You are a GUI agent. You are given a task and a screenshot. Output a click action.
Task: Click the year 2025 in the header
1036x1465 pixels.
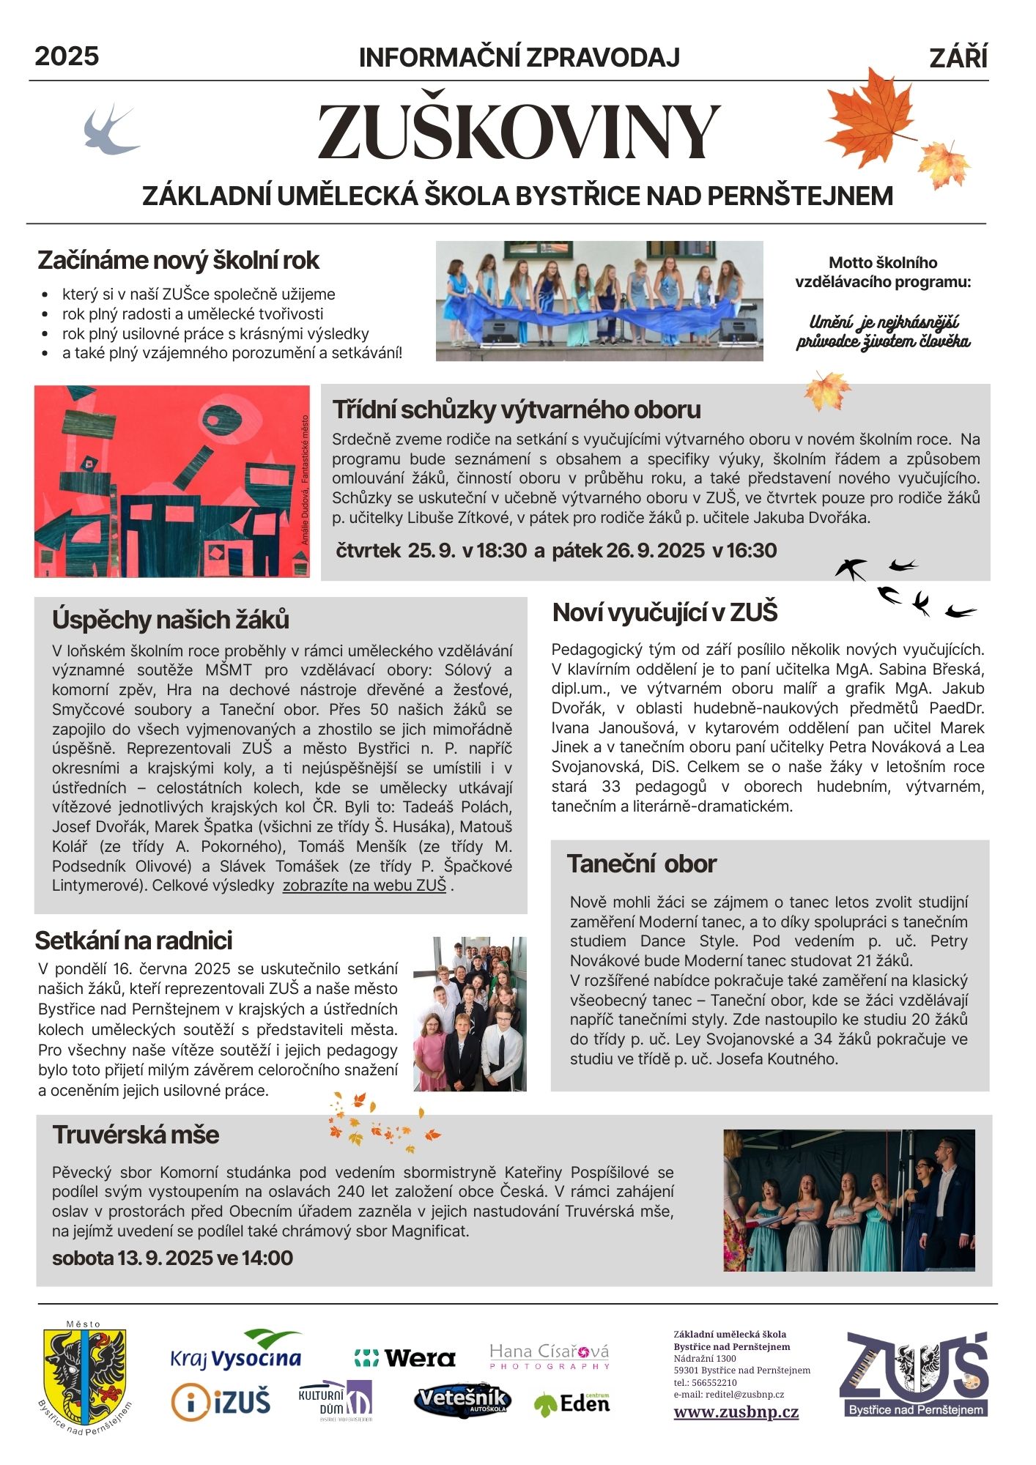pyautogui.click(x=67, y=56)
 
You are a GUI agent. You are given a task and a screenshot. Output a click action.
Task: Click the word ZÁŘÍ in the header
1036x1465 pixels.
pyautogui.click(x=958, y=58)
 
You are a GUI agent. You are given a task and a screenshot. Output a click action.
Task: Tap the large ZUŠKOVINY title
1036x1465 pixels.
pyautogui.click(x=519, y=132)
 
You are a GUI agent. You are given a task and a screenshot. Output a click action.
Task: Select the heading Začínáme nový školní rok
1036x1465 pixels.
pyautogui.click(x=178, y=261)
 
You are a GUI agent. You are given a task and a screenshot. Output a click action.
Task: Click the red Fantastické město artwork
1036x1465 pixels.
pyautogui.click(x=172, y=481)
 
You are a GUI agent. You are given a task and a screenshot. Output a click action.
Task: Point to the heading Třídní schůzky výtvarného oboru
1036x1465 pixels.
pyautogui.click(x=517, y=409)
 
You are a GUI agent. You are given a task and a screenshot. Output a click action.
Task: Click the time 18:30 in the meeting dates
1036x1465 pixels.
pyautogui.click(x=501, y=551)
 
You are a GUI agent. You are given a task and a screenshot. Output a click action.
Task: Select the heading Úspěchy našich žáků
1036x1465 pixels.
pyautogui.click(x=171, y=620)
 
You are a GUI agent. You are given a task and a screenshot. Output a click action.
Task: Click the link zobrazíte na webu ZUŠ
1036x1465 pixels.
pyautogui.click(x=364, y=886)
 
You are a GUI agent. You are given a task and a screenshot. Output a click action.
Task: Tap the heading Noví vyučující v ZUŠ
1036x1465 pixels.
pyautogui.click(x=665, y=612)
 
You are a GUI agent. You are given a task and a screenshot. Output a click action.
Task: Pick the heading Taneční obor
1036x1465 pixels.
pyautogui.click(x=641, y=864)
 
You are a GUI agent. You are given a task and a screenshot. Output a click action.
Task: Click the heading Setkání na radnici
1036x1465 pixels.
pyautogui.click(x=133, y=941)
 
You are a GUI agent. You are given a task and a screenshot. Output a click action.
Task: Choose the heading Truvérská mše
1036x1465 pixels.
pyautogui.click(x=136, y=1135)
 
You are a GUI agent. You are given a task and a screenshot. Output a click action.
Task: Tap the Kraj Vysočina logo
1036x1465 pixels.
pyautogui.click(x=236, y=1353)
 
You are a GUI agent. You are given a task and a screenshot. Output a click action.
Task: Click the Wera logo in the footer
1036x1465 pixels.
pyautogui.click(x=405, y=1358)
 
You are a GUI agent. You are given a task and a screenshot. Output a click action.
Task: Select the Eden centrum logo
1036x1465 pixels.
pyautogui.click(x=572, y=1403)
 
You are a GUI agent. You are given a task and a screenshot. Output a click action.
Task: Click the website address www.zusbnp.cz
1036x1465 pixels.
pyautogui.click(x=736, y=1412)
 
